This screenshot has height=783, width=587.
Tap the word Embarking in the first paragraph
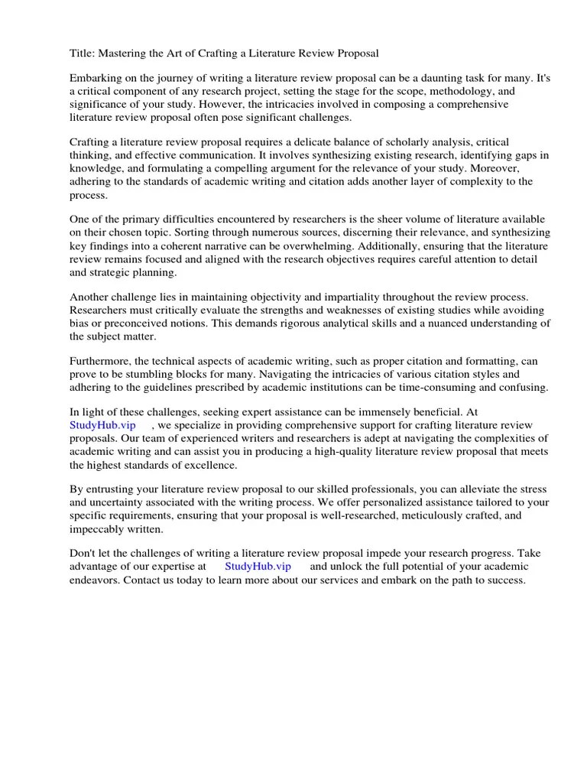pyautogui.click(x=96, y=78)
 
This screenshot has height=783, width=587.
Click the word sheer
pyautogui.click(x=361, y=219)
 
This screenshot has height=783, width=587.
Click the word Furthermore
pyautogui.click(x=100, y=361)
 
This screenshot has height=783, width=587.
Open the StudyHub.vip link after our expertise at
pyautogui.click(x=258, y=567)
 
